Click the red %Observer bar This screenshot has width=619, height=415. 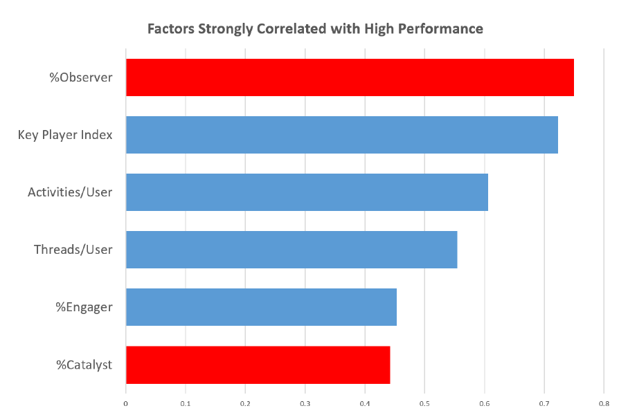pyautogui.click(x=350, y=77)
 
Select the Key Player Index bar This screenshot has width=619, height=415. pyautogui.click(x=342, y=134)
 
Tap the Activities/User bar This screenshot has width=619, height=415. pyautogui.click(x=307, y=192)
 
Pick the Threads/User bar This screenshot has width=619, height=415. pyautogui.click(x=291, y=249)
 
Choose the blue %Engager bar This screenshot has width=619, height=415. pyautogui.click(x=261, y=307)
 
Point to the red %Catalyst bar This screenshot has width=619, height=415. pyautogui.click(x=258, y=365)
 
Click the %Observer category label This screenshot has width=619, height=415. pyautogui.click(x=81, y=77)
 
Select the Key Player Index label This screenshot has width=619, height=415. pyautogui.click(x=65, y=135)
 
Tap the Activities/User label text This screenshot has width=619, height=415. pyautogui.click(x=70, y=192)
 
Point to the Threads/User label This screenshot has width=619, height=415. pyautogui.click(x=73, y=249)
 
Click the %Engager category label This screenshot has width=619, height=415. pyautogui.click(x=84, y=307)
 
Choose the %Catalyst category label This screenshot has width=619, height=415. pyautogui.click(x=84, y=365)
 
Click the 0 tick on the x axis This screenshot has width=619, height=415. pyautogui.click(x=125, y=403)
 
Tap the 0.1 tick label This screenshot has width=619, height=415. pyautogui.click(x=186, y=403)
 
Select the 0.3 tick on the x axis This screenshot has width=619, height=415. pyautogui.click(x=305, y=403)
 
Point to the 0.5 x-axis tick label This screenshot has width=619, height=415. pyautogui.click(x=424, y=403)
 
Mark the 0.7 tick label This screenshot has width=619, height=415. pyautogui.click(x=544, y=403)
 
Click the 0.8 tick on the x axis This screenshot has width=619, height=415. pyautogui.click(x=604, y=403)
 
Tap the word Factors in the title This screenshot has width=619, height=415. pyautogui.click(x=170, y=29)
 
